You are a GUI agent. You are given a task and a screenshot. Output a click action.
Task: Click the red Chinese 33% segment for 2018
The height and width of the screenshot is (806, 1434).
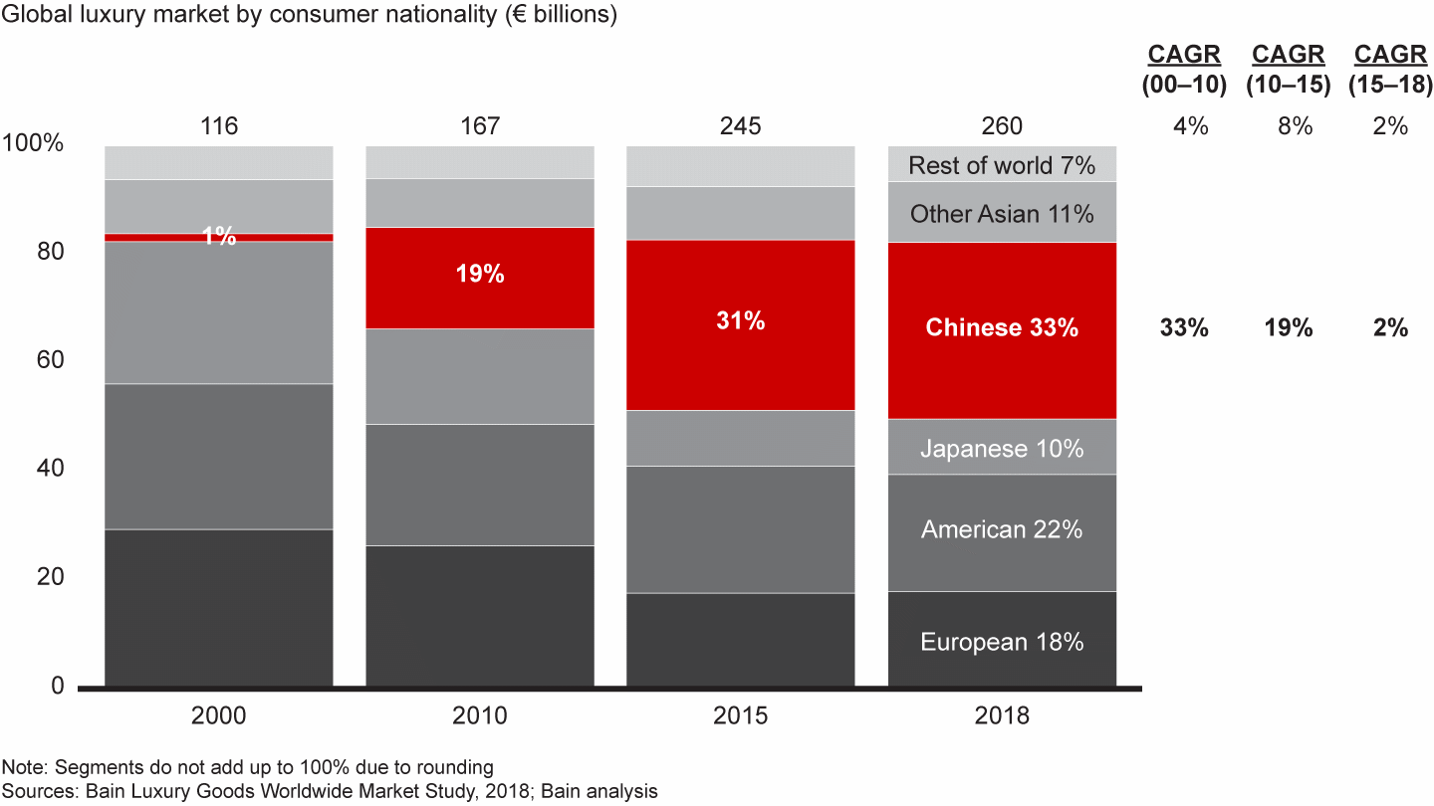pyautogui.click(x=1002, y=328)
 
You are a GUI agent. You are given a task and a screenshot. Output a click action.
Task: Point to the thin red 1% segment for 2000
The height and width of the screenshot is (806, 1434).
pyautogui.click(x=218, y=237)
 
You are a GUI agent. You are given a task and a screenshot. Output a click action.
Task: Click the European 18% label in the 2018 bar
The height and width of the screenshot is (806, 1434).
pyautogui.click(x=1002, y=642)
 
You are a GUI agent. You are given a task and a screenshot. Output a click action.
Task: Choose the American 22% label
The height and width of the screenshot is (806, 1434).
pyautogui.click(x=1002, y=530)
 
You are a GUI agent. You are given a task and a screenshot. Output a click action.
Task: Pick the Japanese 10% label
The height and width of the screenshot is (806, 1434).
pyautogui.click(x=1002, y=449)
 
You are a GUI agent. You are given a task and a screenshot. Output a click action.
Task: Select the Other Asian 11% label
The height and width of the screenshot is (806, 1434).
pyautogui.click(x=1002, y=214)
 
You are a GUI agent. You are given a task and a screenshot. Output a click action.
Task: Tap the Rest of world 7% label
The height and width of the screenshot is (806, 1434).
pyautogui.click(x=1002, y=165)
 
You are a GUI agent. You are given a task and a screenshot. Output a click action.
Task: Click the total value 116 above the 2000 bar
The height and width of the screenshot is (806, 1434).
pyautogui.click(x=218, y=126)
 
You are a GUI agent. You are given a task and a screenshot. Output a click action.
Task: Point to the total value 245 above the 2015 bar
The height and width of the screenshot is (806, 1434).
pyautogui.click(x=740, y=126)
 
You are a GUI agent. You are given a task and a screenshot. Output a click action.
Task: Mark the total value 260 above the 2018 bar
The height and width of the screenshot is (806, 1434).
pyautogui.click(x=1002, y=126)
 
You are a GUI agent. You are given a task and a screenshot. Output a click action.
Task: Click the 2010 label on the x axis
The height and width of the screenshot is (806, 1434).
pyautogui.click(x=480, y=715)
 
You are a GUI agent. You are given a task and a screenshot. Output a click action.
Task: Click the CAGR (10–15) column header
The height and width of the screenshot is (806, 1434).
pyautogui.click(x=1289, y=70)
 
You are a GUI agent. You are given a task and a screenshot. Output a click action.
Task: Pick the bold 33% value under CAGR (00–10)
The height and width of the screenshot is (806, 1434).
pyautogui.click(x=1184, y=328)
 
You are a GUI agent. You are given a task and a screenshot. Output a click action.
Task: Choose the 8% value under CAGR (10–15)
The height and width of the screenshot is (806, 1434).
pyautogui.click(x=1289, y=126)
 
